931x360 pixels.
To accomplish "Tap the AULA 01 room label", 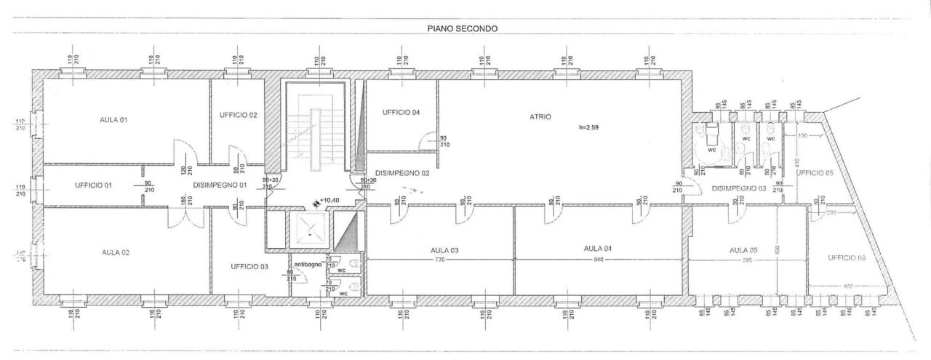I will pyautogui.click(x=113, y=119).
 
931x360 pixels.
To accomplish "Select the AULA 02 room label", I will pyautogui.click(x=115, y=252).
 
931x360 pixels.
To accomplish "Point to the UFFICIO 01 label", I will pyautogui.click(x=93, y=185).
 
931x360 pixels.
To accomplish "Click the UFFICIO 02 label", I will pyautogui.click(x=238, y=115).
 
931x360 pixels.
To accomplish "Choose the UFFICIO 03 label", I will pyautogui.click(x=249, y=267).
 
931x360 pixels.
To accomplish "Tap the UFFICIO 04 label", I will pyautogui.click(x=401, y=112).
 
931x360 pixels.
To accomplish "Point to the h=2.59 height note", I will pyautogui.click(x=591, y=127).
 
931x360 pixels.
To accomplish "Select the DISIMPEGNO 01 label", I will pyautogui.click(x=220, y=185).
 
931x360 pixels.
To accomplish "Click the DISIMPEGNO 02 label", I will pyautogui.click(x=402, y=173).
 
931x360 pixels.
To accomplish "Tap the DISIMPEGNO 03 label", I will pyautogui.click(x=740, y=189).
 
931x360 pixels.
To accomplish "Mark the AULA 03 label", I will pyautogui.click(x=444, y=250).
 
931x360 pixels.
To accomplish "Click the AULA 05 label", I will pyautogui.click(x=743, y=250).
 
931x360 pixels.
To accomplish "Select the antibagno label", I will pyautogui.click(x=308, y=263).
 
